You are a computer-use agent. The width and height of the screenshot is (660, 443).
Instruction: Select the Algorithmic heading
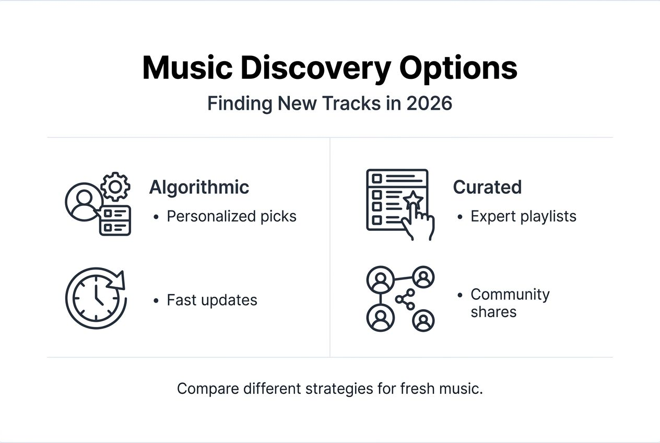[199, 187]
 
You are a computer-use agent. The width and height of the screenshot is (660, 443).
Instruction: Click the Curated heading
[487, 187]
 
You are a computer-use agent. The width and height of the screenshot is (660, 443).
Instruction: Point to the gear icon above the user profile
[115, 186]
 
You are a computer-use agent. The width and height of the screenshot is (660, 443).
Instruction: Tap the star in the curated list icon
[412, 199]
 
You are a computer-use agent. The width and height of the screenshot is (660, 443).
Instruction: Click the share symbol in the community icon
[405, 299]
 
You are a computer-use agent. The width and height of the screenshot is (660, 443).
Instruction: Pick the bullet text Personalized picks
[231, 216]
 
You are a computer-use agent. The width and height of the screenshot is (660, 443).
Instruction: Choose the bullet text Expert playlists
[523, 216]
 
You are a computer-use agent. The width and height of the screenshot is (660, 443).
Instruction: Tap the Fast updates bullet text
[211, 300]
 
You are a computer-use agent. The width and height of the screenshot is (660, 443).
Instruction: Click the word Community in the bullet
[510, 294]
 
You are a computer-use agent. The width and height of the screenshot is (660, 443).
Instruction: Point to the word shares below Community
[493, 312]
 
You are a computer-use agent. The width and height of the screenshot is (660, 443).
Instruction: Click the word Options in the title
[458, 68]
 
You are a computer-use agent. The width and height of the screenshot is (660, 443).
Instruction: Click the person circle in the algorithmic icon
[82, 202]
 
